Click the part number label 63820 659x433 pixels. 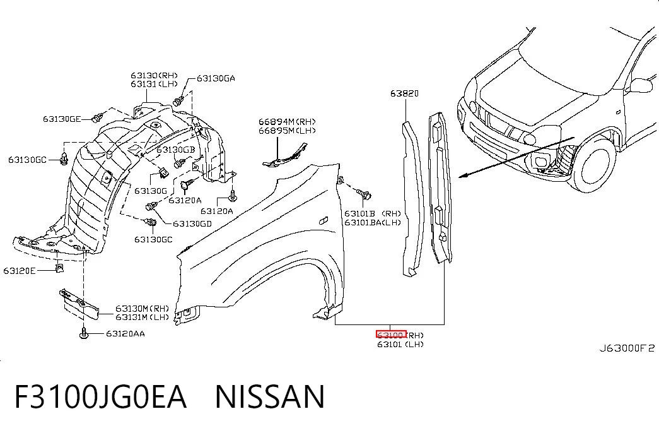click(404, 93)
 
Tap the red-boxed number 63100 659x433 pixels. click(390, 335)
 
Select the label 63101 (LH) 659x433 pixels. click(400, 344)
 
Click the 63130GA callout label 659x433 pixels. click(216, 78)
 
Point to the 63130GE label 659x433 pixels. click(62, 119)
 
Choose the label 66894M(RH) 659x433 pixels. click(287, 122)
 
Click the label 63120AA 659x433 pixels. click(125, 334)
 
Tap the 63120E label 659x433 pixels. click(20, 271)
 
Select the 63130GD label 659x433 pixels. click(192, 224)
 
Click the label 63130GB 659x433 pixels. click(176, 150)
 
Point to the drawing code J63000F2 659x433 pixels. click(627, 348)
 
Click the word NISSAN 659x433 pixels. click(271, 396)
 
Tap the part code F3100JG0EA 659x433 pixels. click(100, 396)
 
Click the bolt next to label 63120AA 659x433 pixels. click(84, 333)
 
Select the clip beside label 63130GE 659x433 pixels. click(98, 118)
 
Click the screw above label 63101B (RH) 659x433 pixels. click(364, 194)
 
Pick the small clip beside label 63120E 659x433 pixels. click(59, 268)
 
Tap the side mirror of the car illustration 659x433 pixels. click(641, 85)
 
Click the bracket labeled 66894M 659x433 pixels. click(285, 156)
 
